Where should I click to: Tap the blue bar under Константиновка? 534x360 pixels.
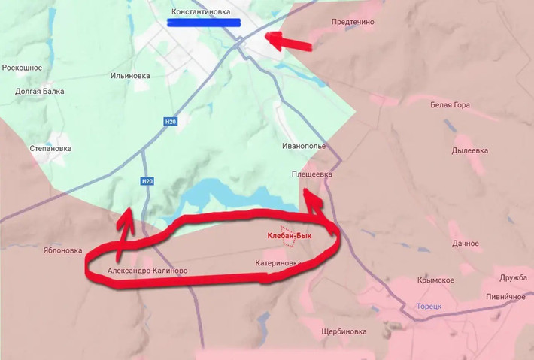point(203,23)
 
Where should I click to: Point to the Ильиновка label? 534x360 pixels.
point(130,76)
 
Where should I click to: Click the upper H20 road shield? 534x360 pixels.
point(170,121)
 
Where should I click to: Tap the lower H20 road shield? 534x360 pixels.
point(147,181)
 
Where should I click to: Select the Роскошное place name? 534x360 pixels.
point(22,68)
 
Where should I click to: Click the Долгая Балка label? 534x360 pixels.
point(40,92)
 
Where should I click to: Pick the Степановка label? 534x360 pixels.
point(50,148)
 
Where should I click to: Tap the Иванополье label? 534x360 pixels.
point(304,145)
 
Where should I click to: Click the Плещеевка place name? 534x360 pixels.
point(311,174)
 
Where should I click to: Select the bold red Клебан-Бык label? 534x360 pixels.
point(299,235)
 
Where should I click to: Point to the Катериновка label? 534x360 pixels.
point(278,263)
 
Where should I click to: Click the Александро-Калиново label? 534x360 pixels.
point(147,271)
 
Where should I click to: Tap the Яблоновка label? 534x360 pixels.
point(62,251)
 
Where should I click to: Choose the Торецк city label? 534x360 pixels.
point(429,307)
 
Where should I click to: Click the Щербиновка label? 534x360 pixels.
point(343,331)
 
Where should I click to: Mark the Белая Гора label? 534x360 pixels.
point(450,105)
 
